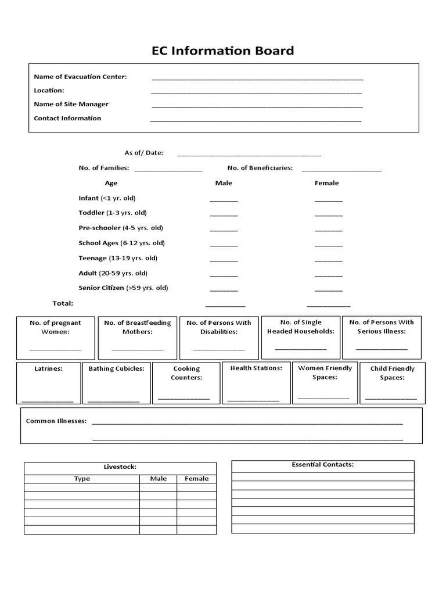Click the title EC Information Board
pyautogui.click(x=223, y=51)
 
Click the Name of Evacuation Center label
pyautogui.click(x=80, y=77)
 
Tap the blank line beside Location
pyautogui.click(x=256, y=92)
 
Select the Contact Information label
pyautogui.click(x=67, y=119)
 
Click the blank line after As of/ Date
pyautogui.click(x=249, y=155)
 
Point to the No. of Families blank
pyautogui.click(x=168, y=170)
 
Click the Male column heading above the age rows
pyautogui.click(x=224, y=183)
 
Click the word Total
pyautogui.click(x=63, y=303)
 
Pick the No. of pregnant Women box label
pyautogui.click(x=55, y=327)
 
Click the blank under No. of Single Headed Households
pyautogui.click(x=300, y=348)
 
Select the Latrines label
pyautogui.click(x=48, y=368)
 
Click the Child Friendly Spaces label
pyautogui.click(x=393, y=373)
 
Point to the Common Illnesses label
pyautogui.click(x=56, y=421)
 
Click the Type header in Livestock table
pyautogui.click(x=82, y=479)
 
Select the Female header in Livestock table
pyautogui.click(x=196, y=479)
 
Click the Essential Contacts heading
pyautogui.click(x=323, y=465)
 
